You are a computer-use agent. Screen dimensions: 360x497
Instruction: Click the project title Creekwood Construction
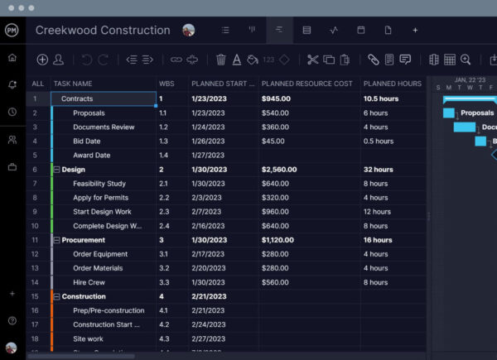click(x=103, y=31)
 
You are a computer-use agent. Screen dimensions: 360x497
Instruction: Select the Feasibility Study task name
click(x=99, y=184)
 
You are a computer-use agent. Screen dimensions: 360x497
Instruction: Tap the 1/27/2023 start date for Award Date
click(x=207, y=156)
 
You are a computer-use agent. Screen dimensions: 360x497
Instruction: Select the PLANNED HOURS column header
click(x=392, y=84)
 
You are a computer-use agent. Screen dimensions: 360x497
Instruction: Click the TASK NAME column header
click(x=74, y=84)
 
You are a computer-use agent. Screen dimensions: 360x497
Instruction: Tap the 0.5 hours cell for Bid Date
click(x=378, y=142)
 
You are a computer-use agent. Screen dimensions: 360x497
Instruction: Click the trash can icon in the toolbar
click(x=221, y=60)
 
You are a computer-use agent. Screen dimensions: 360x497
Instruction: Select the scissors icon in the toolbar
click(x=312, y=60)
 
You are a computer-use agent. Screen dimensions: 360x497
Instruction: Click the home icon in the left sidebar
click(x=12, y=58)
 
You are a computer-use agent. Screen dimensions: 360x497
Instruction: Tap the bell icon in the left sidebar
click(x=12, y=84)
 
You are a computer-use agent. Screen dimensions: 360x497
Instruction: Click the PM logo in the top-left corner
click(x=12, y=30)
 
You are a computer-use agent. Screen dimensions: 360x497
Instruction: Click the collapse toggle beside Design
click(x=56, y=170)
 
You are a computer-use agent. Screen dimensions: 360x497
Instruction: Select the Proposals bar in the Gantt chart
click(x=449, y=113)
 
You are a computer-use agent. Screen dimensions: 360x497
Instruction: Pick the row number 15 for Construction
click(x=36, y=296)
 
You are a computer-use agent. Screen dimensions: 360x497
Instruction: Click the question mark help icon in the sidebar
click(x=12, y=320)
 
